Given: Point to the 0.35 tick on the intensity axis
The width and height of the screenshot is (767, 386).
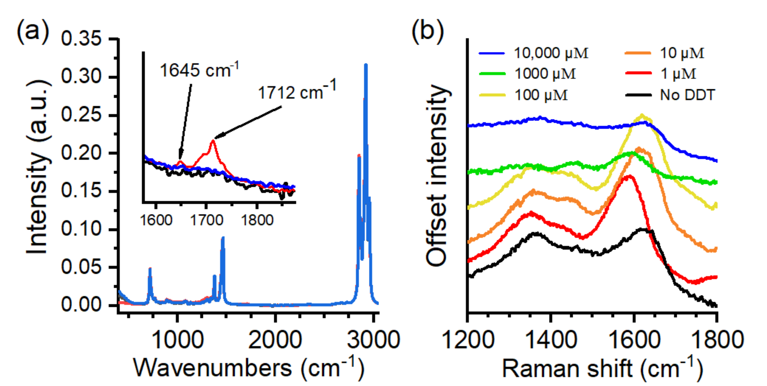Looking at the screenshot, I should click(81, 39).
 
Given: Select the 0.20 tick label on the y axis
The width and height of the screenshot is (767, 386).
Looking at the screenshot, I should click(81, 153).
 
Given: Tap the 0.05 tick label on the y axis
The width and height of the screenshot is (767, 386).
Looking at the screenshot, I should click(81, 267).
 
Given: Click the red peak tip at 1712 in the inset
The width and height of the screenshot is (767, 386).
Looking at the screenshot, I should click(213, 140).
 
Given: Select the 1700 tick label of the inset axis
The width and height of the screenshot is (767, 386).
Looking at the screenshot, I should click(206, 220).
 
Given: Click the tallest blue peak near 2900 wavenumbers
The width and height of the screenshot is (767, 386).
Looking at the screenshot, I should click(366, 65).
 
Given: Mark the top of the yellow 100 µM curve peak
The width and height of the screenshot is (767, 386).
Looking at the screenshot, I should click(642, 115).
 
